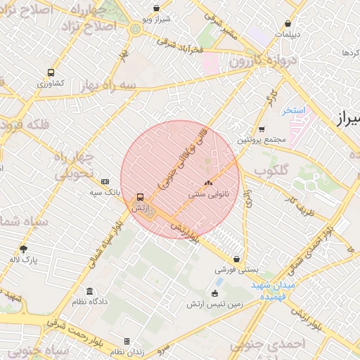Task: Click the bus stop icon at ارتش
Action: pyautogui.click(x=141, y=198)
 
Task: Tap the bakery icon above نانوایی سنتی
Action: pyautogui.click(x=208, y=181)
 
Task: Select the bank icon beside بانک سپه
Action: pyautogui.click(x=105, y=181)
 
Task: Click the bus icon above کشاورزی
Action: pyautogui.click(x=51, y=72)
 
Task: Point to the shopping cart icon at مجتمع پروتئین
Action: pyautogui.click(x=262, y=129)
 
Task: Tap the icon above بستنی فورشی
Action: pyautogui.click(x=236, y=259)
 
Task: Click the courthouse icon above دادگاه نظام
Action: pyautogui.click(x=89, y=291)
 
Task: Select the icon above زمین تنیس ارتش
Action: pyautogui.click(x=215, y=293)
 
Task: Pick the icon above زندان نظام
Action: pyautogui.click(x=127, y=341)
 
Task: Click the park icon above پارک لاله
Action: pyautogui.click(x=23, y=249)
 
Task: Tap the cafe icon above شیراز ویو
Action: pyautogui.click(x=156, y=9)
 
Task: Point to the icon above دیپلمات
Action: pyautogui.click(x=288, y=23)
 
